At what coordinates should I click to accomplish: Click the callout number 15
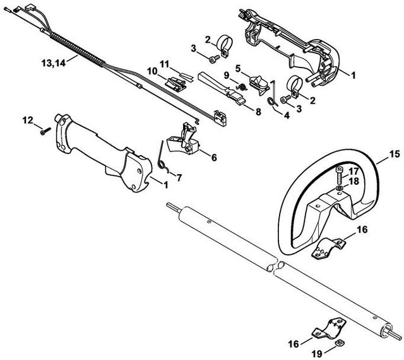(394, 154)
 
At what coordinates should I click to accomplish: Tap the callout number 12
(27, 119)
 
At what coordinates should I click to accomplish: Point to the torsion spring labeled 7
(162, 158)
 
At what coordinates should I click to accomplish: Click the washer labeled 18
(340, 187)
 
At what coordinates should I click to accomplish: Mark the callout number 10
(152, 72)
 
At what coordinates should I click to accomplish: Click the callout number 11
(164, 63)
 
